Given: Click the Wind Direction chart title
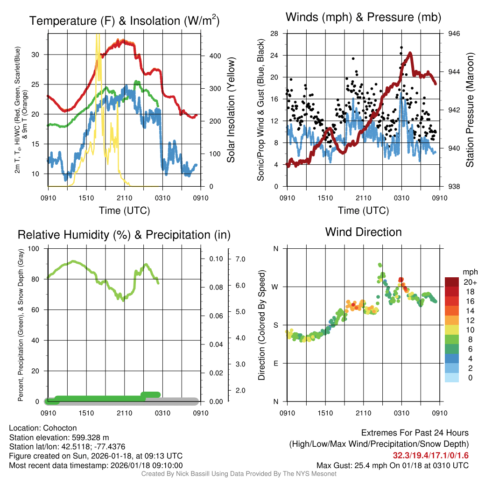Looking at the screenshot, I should click(x=363, y=232).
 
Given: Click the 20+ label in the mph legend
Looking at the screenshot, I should click(x=470, y=282).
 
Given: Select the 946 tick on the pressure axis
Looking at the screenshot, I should click(x=454, y=34).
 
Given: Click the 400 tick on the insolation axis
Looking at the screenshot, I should click(x=215, y=56).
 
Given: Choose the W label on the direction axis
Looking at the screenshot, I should click(x=275, y=287).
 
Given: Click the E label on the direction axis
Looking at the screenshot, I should click(x=276, y=363).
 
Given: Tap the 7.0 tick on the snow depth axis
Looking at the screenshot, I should click(x=240, y=259).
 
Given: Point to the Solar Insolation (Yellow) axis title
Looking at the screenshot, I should click(x=231, y=110).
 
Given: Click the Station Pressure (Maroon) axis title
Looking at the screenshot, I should click(x=470, y=110).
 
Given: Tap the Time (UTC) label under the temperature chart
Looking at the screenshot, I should click(x=124, y=211).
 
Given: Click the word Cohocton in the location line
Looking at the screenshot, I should click(x=59, y=428).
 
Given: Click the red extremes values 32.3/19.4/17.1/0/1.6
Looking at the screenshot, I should click(x=430, y=455).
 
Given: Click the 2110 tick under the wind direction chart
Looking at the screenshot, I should click(x=363, y=413).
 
